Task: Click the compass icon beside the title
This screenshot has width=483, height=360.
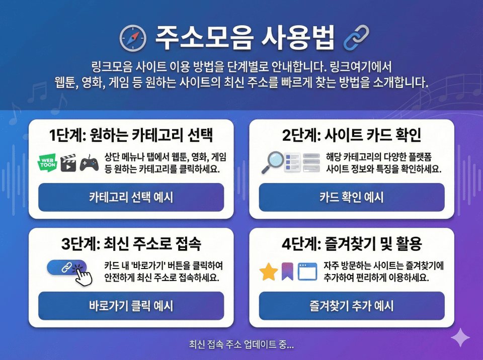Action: (x=133, y=38)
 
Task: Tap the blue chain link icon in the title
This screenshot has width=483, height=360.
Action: (x=356, y=38)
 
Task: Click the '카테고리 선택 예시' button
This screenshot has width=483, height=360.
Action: (x=131, y=197)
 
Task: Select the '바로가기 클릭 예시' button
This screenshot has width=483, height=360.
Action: (x=131, y=306)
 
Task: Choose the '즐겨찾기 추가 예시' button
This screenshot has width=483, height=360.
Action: (x=352, y=306)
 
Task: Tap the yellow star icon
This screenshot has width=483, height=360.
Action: (x=269, y=272)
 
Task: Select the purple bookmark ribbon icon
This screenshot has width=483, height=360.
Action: (x=287, y=272)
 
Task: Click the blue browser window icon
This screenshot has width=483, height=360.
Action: (x=307, y=272)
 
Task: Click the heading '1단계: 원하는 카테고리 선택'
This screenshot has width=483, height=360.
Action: (x=131, y=135)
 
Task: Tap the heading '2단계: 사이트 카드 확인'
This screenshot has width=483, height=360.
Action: (x=352, y=135)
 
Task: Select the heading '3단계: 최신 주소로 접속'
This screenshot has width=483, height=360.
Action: (x=131, y=244)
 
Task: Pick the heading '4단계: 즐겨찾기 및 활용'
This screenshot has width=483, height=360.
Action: (x=352, y=244)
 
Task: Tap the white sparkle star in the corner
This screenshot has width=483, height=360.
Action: (x=460, y=337)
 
